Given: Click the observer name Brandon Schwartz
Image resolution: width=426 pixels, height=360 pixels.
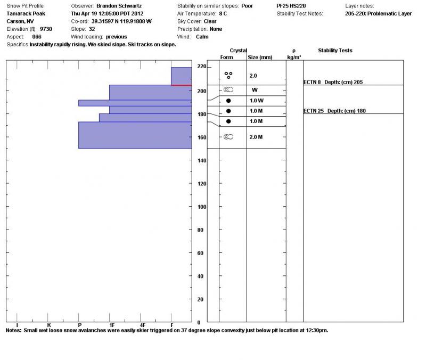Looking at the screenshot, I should click(x=119, y=6).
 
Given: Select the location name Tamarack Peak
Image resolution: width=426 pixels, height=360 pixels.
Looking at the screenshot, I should click(x=26, y=13).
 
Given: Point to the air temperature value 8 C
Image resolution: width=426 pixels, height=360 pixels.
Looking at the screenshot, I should click(x=223, y=13).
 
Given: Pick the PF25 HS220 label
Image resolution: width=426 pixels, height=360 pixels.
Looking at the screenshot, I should click(x=291, y=6).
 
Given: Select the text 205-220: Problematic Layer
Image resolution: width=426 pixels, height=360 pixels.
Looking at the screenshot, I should click(x=378, y=13).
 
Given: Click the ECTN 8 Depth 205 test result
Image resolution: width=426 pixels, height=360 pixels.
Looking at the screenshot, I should click(x=333, y=83).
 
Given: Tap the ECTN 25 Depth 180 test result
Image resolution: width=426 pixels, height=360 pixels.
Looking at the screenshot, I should click(x=334, y=111).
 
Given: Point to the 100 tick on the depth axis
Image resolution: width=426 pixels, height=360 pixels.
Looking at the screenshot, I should click(x=202, y=207).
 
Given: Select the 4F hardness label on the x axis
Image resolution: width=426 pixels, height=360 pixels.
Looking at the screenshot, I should click(x=142, y=324).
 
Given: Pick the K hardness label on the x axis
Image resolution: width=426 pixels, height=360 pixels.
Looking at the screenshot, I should click(x=48, y=324).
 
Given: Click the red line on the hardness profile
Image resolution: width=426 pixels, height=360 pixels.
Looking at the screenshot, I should click(x=181, y=85).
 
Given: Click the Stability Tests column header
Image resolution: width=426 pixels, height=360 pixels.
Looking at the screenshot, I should click(x=335, y=51).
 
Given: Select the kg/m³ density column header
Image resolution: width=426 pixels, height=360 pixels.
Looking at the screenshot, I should click(x=294, y=57).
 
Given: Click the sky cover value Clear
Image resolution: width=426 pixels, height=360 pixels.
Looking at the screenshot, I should click(x=210, y=21).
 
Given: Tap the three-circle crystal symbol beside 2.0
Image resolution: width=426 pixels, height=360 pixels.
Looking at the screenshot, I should click(x=228, y=76).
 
